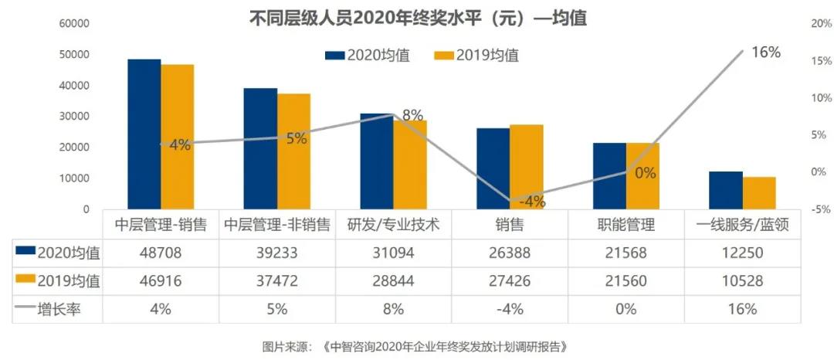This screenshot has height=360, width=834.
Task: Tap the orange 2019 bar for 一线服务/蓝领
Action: pyautogui.click(x=759, y=192)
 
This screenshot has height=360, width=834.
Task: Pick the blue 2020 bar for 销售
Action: pyautogui.click(x=493, y=168)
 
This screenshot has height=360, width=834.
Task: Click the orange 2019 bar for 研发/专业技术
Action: pyautogui.click(x=410, y=164)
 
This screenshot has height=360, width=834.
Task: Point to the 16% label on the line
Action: pyautogui.click(x=765, y=53)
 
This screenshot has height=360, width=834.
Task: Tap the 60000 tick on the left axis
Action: pyautogui.click(x=74, y=24)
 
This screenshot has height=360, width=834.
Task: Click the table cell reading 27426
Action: pyautogui.click(x=509, y=280)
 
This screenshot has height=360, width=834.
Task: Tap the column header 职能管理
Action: pyautogui.click(x=625, y=225)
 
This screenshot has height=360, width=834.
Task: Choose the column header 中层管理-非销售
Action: pyautogui.click(x=277, y=225)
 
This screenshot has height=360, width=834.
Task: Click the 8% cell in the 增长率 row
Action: pyautogui.click(x=393, y=308)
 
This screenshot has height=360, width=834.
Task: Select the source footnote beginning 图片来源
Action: pyautogui.click(x=418, y=345)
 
